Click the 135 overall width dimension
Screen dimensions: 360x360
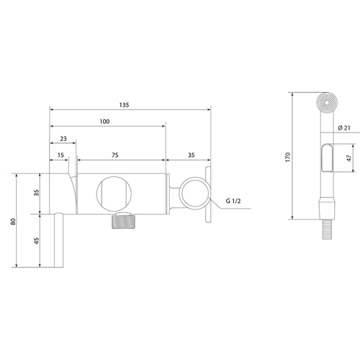[x=124, y=105]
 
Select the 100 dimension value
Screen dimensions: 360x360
[x=104, y=122]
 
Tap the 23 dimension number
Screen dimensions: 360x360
[x=63, y=139]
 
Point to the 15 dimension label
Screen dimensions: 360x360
[x=60, y=155]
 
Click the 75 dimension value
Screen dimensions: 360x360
[x=115, y=155]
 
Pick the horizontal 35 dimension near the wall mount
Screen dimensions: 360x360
[x=192, y=155]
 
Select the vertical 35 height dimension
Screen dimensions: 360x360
[x=36, y=193]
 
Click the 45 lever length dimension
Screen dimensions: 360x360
[x=36, y=240]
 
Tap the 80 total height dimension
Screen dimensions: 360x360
[x=13, y=222]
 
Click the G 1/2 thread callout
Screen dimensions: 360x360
[x=233, y=201]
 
